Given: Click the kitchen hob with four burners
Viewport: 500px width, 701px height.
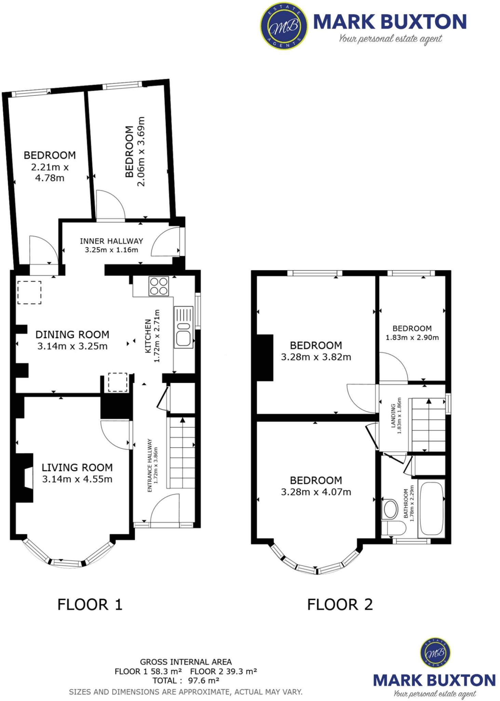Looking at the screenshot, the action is [x=159, y=286].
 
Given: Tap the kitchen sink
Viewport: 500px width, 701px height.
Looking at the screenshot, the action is [x=184, y=327].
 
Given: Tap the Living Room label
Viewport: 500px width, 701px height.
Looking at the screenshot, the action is [x=77, y=467].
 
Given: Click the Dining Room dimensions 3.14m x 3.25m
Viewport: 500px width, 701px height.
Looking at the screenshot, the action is [x=72, y=346].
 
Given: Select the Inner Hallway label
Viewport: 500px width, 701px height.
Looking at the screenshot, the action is [x=111, y=241].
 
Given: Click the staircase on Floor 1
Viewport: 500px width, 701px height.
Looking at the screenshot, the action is [x=181, y=453].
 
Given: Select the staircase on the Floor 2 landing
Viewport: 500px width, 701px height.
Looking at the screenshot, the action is [x=429, y=425].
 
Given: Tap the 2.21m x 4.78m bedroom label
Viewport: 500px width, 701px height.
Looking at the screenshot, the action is [x=50, y=167].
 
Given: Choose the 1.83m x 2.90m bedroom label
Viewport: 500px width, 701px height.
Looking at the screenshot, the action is [x=412, y=333].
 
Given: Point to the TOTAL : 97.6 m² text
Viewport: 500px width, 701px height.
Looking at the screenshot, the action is [x=186, y=681].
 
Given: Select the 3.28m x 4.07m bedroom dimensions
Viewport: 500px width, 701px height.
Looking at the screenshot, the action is [x=316, y=492].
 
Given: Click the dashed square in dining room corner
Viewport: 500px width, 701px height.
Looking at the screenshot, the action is [x=29, y=292].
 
